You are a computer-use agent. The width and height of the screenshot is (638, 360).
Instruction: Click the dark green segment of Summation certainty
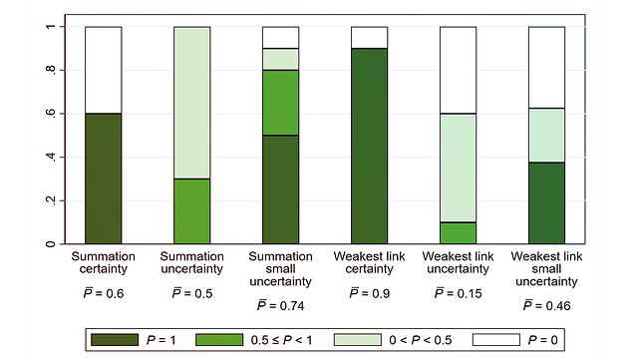tap(103, 179)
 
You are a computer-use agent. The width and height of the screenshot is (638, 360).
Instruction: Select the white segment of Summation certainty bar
tap(103, 70)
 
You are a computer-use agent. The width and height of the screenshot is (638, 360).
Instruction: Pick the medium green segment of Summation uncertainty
tap(192, 211)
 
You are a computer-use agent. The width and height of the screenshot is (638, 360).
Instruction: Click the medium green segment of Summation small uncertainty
tap(280, 103)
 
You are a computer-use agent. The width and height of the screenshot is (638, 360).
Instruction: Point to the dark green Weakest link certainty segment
tap(370, 146)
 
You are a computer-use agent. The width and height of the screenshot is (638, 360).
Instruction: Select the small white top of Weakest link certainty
tap(370, 37)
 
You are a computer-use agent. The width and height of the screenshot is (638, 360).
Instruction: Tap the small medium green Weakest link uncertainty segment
tap(458, 232)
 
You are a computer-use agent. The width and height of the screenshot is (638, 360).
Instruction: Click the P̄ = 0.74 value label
tap(280, 304)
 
